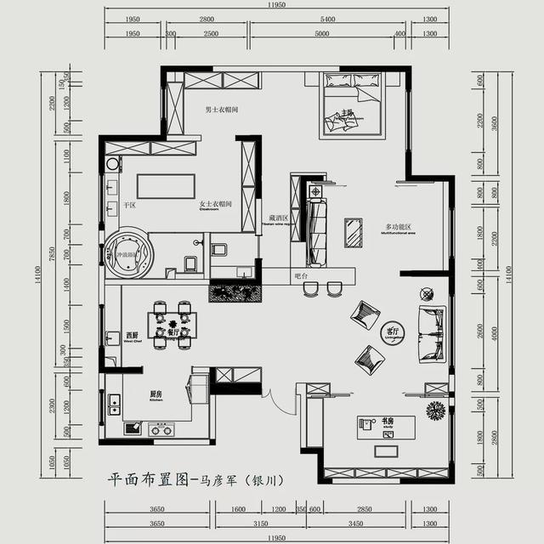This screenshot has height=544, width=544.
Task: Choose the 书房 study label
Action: click(387, 421)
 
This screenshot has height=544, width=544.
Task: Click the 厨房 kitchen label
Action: click(156, 395)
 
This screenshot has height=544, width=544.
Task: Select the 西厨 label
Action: click(132, 335)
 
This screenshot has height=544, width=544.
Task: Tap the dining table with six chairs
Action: click(173, 324)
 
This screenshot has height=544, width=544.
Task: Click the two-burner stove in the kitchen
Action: click(161, 430)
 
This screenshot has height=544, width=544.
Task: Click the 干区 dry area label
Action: click(130, 205)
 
